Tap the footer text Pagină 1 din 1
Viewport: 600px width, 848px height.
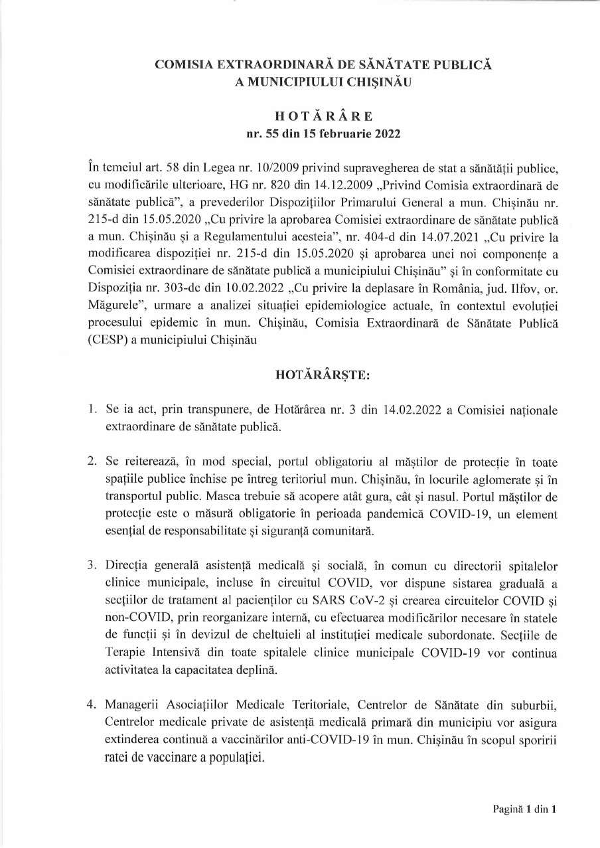click(x=523, y=809)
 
